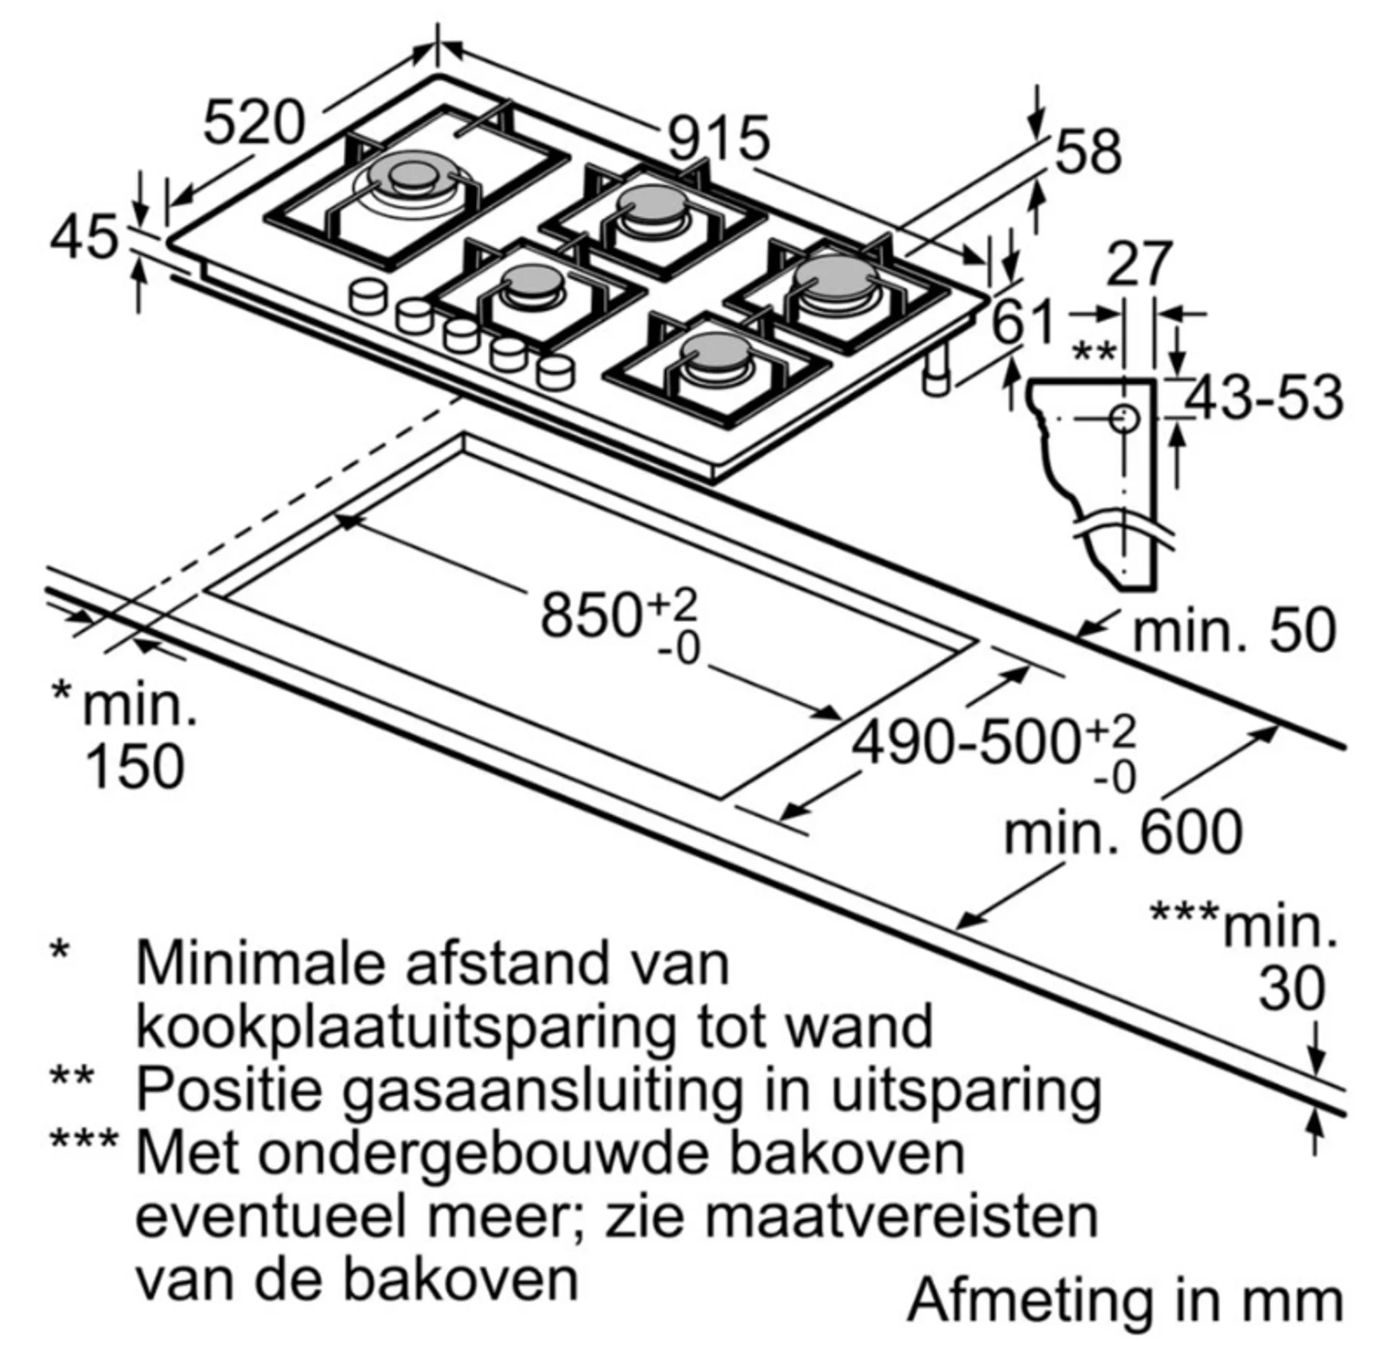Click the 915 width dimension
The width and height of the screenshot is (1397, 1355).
click(x=719, y=138)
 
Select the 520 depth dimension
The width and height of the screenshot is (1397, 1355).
click(x=254, y=123)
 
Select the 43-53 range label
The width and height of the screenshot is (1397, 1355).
click(x=1263, y=398)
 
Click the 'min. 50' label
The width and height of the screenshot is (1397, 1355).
click(x=1234, y=631)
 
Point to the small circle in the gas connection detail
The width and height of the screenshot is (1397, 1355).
click(x=1124, y=419)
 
